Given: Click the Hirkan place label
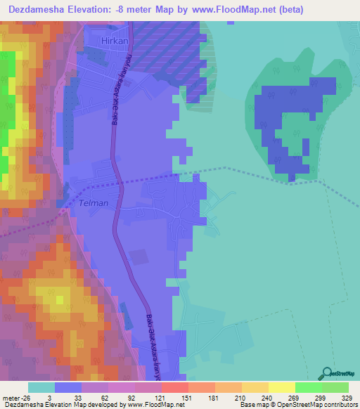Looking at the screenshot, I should tap(108, 42).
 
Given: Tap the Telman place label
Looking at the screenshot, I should tap(94, 203).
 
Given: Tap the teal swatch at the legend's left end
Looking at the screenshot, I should tap(41, 387).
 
